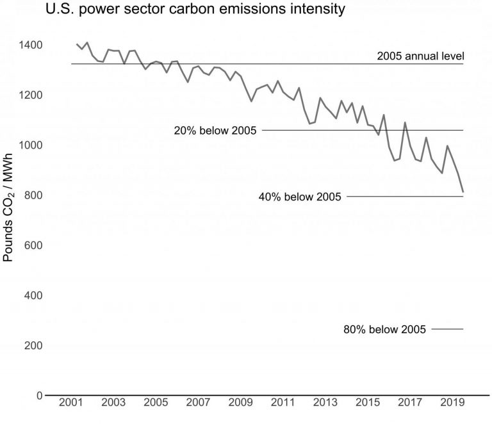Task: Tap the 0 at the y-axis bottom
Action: click(x=39, y=395)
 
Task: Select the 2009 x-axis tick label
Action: click(x=240, y=405)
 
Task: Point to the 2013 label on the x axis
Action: click(x=325, y=405)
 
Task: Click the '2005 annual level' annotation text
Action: click(x=420, y=56)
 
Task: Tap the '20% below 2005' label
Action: click(x=215, y=131)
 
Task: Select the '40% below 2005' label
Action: click(x=300, y=197)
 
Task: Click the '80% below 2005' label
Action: click(x=385, y=330)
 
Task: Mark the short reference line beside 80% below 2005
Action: click(x=447, y=329)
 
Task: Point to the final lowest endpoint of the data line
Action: click(x=463, y=192)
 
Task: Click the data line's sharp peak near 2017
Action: click(x=405, y=122)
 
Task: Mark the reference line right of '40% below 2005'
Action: click(x=404, y=197)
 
